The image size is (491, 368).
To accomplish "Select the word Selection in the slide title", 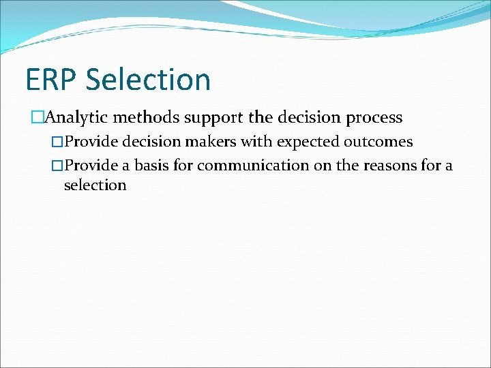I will (x=149, y=80).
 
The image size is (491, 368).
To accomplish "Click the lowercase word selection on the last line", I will (x=95, y=185).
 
